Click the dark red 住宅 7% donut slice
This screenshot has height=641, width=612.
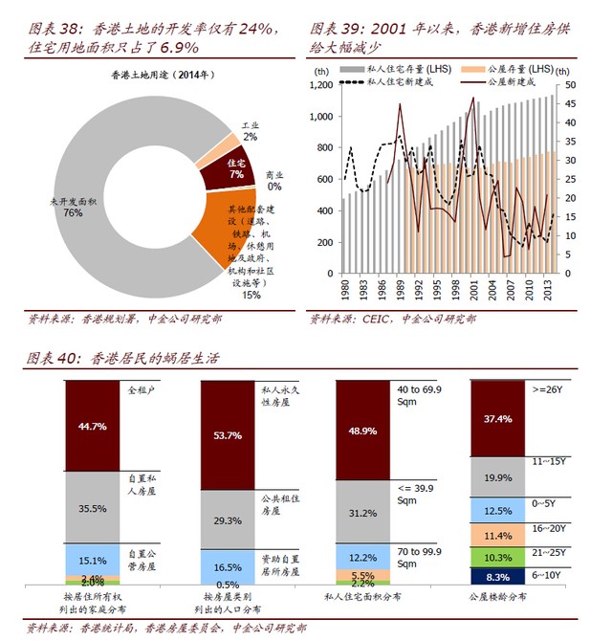pos(225,171)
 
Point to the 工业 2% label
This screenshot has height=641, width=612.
pos(250,131)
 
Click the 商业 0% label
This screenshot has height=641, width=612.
pos(275,180)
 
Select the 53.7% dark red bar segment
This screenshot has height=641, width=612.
pos(227,434)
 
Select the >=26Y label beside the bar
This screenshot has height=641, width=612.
pos(550,389)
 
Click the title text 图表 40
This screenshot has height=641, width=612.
pos(53,358)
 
